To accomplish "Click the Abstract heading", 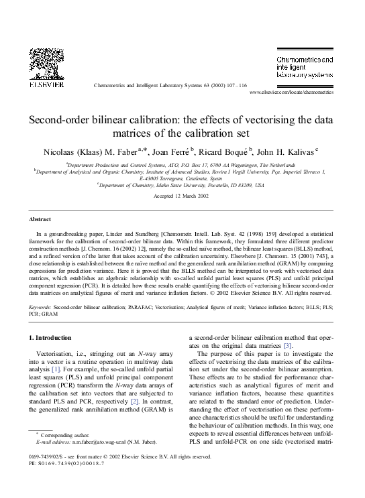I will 40,219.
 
